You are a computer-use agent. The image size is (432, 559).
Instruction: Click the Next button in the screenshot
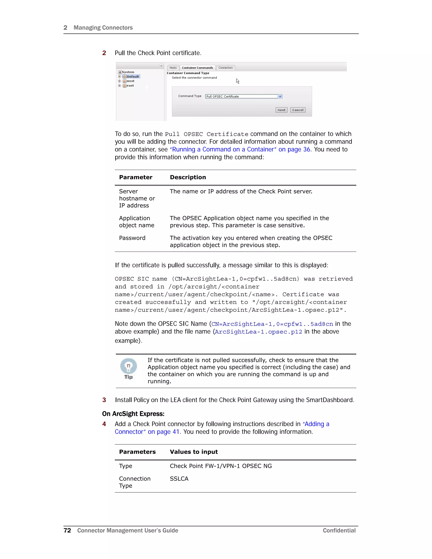point(281,110)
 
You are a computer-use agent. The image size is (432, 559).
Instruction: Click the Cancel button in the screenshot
point(298,110)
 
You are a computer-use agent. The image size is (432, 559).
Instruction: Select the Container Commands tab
point(197,68)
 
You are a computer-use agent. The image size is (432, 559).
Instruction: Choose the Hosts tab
point(173,68)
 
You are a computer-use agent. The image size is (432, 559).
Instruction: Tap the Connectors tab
point(225,68)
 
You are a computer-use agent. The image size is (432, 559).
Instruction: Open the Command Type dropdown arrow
point(280,96)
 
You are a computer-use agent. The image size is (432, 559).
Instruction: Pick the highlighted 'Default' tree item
point(132,77)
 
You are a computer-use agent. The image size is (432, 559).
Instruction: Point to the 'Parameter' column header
point(136,177)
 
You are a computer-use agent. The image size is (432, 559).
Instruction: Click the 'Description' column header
point(188,177)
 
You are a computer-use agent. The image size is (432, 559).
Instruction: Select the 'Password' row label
point(132,238)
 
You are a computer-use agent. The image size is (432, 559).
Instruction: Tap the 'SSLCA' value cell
point(179,479)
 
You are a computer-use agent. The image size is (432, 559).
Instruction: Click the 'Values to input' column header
point(194,452)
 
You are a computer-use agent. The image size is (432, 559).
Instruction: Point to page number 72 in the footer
point(67,530)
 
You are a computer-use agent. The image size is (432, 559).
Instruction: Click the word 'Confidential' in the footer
point(339,530)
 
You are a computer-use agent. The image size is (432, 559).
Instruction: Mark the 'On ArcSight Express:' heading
point(133,414)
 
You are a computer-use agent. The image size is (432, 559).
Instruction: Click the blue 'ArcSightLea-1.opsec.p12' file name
point(258,332)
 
